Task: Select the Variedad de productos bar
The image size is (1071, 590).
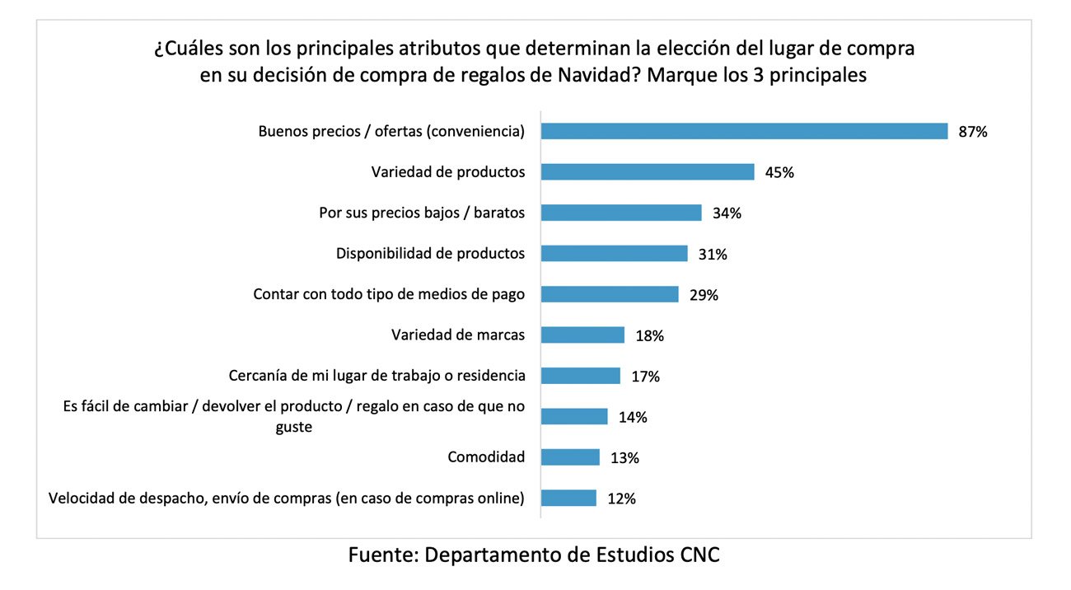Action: [648, 171]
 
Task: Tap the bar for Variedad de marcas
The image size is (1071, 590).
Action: [582, 335]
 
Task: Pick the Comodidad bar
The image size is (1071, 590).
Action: [570, 457]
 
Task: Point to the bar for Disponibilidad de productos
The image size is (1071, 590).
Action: [614, 253]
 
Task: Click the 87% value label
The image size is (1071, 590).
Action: [972, 132]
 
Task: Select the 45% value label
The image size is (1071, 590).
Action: [779, 172]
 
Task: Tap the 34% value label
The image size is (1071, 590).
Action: [726, 213]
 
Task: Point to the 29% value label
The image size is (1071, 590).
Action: [703, 295]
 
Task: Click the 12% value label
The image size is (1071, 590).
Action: [620, 499]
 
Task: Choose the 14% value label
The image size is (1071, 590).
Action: [632, 417]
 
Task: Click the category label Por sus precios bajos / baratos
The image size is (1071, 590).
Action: [422, 213]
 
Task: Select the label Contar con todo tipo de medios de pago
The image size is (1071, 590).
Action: [389, 294]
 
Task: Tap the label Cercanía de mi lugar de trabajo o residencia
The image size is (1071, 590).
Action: [376, 376]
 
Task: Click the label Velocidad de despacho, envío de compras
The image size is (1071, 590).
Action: [287, 498]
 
